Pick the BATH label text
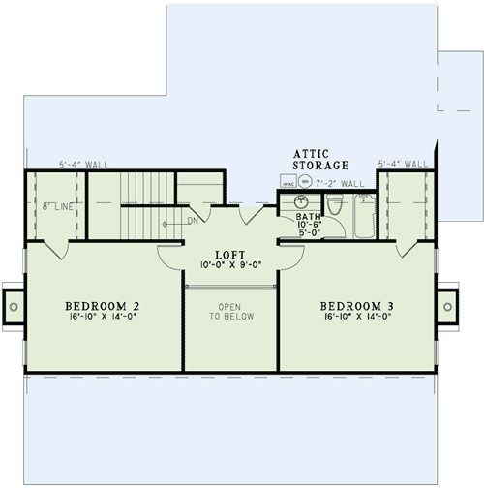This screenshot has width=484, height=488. point(308,217)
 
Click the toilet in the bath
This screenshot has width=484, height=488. point(334,204)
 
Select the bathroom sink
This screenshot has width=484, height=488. point(299,201)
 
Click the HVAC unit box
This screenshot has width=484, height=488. point(288,181)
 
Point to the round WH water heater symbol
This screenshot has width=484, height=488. point(304,181)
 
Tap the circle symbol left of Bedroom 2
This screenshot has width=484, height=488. point(15,306)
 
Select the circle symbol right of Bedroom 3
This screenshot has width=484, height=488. point(447,306)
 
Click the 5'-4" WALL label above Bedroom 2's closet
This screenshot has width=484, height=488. point(83,166)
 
